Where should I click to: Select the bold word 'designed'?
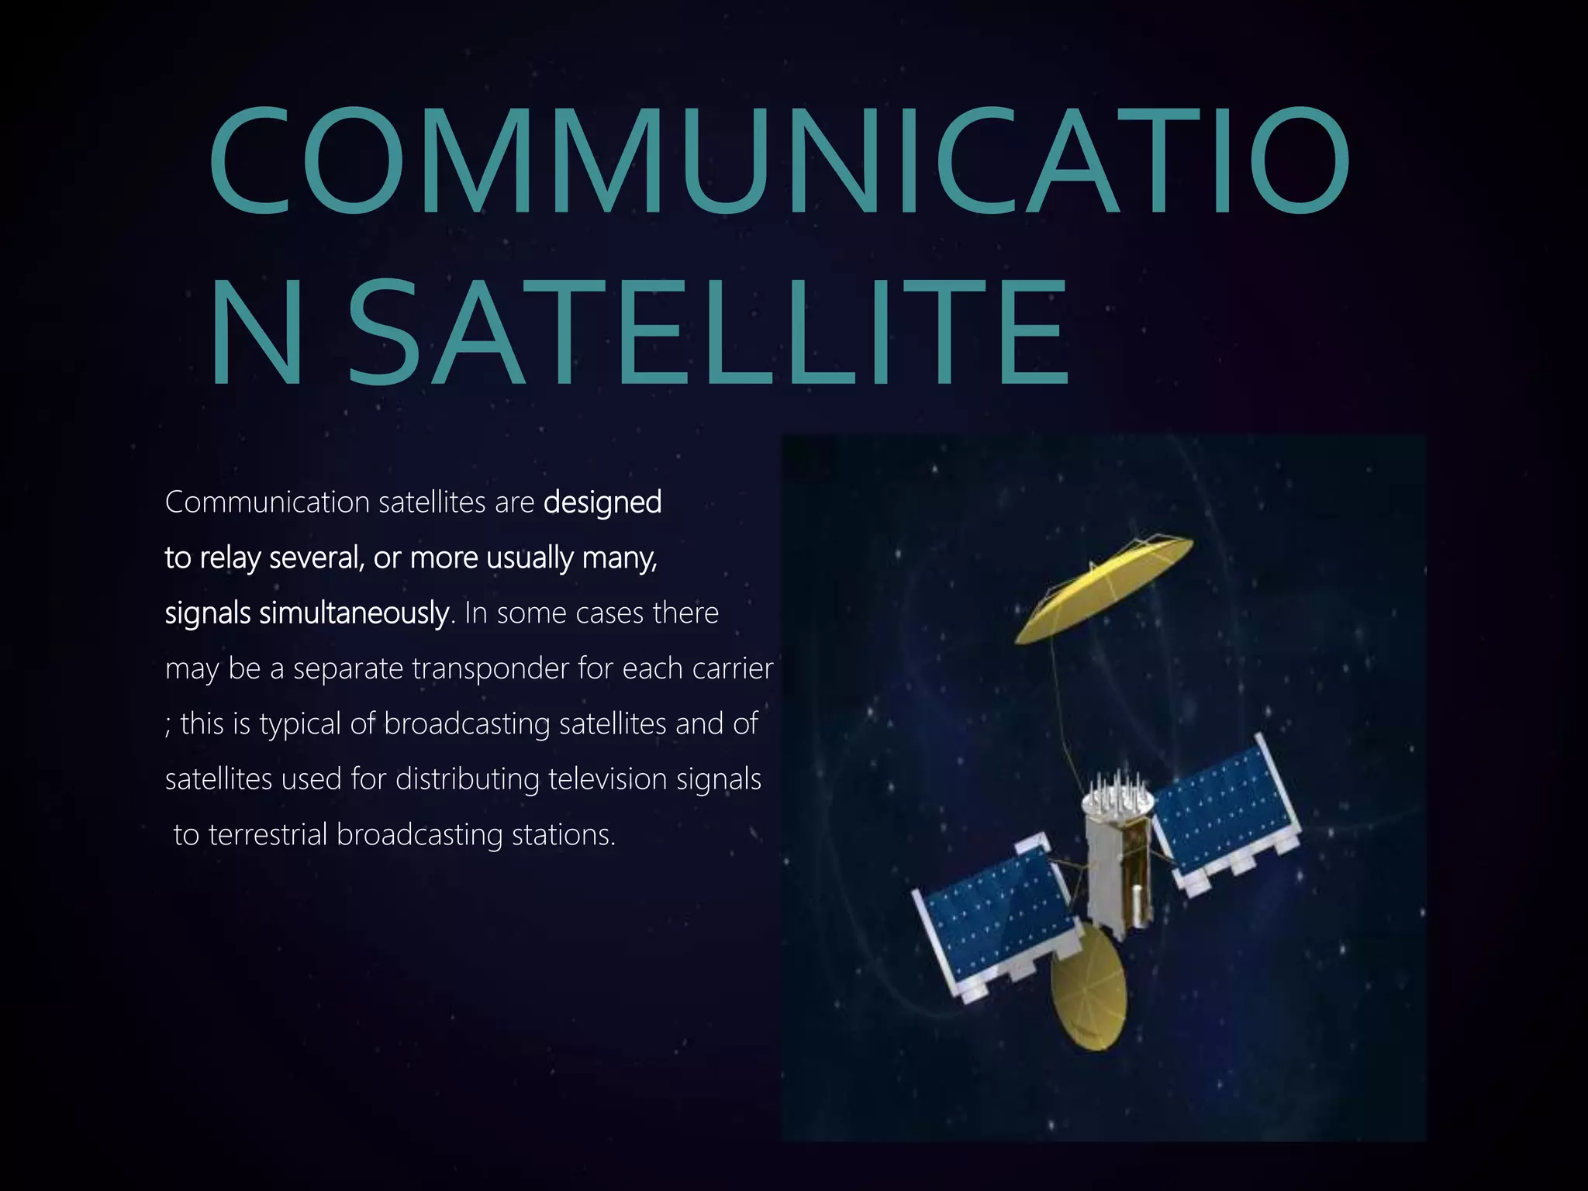[602, 502]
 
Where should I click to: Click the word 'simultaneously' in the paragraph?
[354, 613]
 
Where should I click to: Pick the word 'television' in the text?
[607, 779]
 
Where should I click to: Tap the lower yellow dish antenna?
[1088, 989]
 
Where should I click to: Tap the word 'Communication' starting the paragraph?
[268, 502]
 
